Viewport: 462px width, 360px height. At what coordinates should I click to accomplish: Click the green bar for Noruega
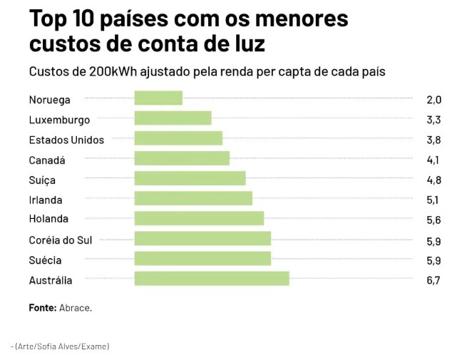(158, 98)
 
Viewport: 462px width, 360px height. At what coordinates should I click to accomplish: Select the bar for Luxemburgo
(173, 118)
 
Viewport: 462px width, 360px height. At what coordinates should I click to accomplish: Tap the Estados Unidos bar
(178, 138)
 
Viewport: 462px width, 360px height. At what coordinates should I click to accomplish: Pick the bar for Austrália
(212, 279)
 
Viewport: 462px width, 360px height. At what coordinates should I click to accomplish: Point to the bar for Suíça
(190, 178)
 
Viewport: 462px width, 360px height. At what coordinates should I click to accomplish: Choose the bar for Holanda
(199, 218)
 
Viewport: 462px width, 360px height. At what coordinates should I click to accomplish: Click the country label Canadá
(47, 160)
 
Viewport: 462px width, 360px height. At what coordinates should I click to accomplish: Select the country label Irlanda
(46, 200)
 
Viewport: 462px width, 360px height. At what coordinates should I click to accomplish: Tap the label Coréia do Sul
(61, 240)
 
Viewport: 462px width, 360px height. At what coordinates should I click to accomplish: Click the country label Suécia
(45, 260)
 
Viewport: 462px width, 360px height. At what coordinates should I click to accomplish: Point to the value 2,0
(433, 100)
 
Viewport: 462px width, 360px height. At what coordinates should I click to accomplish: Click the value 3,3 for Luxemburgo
(433, 120)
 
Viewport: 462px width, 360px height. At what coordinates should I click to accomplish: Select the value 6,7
(433, 280)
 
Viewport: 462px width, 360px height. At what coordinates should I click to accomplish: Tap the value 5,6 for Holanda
(433, 220)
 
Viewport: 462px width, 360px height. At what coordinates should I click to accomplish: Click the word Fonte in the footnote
(42, 308)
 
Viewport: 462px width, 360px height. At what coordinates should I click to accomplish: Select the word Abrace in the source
(76, 308)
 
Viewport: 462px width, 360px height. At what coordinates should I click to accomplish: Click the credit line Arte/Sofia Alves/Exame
(61, 346)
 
